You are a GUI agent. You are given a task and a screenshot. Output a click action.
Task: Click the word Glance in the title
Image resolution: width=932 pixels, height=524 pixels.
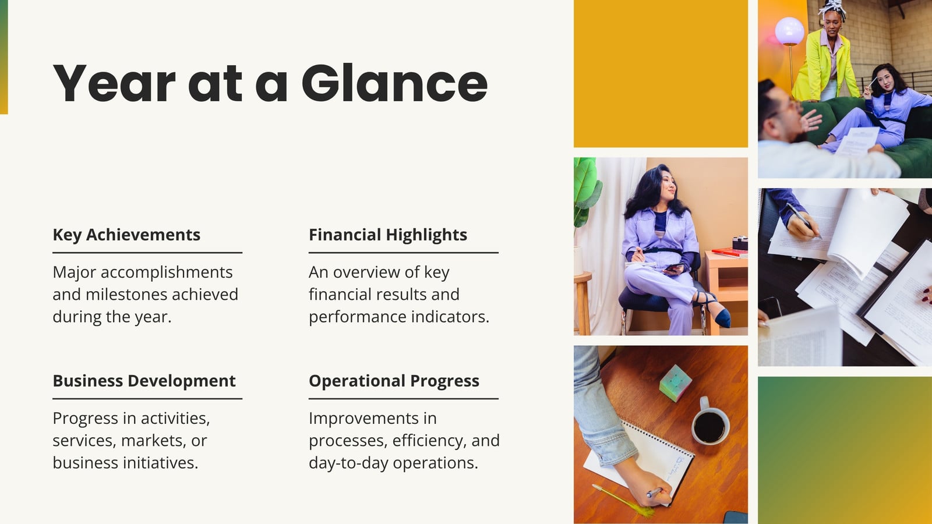(x=394, y=83)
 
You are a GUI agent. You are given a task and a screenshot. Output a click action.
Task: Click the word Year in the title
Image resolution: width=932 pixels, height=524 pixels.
(x=114, y=83)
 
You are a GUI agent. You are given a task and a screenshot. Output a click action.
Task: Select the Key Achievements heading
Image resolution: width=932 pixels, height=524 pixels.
(x=126, y=235)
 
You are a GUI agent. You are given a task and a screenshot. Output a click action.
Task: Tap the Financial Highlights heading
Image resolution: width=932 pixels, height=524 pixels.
(x=388, y=235)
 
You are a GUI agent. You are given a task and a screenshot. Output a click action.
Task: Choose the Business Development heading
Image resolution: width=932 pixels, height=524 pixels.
(x=144, y=381)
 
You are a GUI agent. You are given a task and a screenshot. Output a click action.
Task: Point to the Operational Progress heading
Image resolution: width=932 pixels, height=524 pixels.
(x=394, y=381)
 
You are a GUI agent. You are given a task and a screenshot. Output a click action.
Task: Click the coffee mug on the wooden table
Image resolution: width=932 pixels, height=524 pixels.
(x=710, y=422)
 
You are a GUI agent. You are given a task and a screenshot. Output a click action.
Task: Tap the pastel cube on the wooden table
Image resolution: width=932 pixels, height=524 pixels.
(x=675, y=383)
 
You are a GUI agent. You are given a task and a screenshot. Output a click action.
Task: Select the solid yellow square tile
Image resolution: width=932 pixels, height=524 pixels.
(x=661, y=73)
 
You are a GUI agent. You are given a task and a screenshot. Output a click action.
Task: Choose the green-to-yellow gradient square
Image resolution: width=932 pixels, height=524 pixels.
(x=845, y=451)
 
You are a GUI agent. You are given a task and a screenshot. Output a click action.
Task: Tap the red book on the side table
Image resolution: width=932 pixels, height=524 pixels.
(x=729, y=252)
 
